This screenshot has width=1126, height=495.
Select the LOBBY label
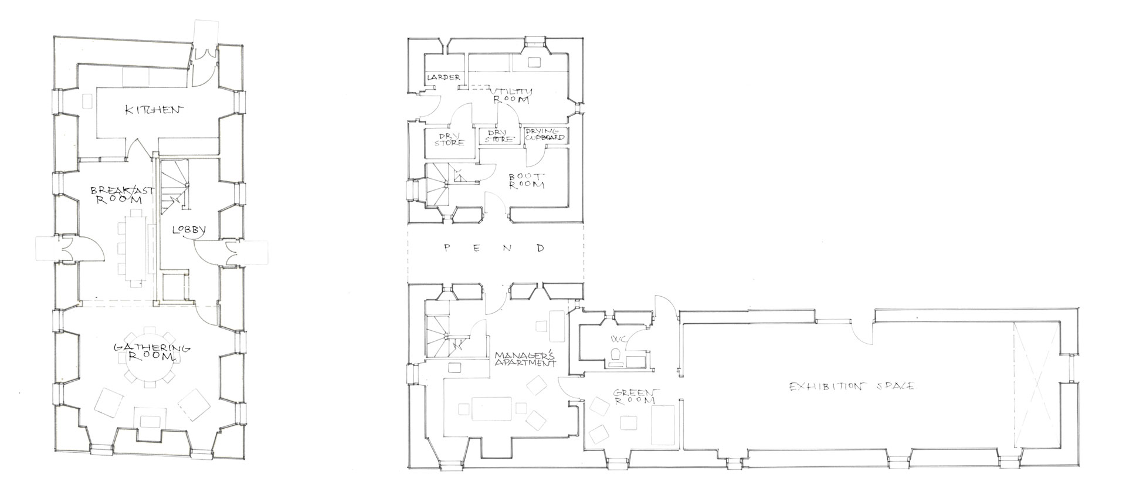[188, 230]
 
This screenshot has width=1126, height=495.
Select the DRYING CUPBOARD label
[545, 134]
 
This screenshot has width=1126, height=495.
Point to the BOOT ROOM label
[526, 180]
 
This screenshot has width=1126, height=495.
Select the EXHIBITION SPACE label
[852, 386]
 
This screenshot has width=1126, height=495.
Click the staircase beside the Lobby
[174, 188]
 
